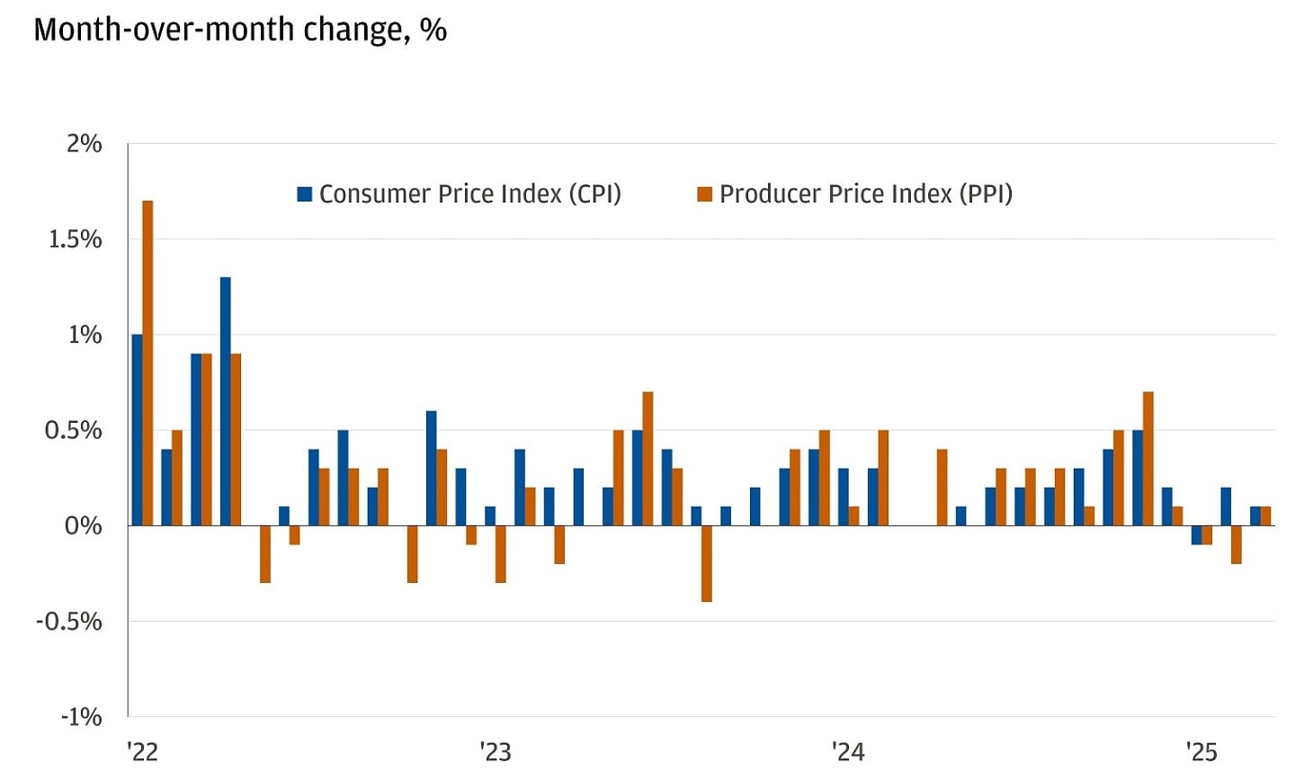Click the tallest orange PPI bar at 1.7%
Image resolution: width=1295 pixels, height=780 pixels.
(x=147, y=363)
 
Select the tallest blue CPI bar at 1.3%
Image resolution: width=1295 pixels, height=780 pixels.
(x=225, y=401)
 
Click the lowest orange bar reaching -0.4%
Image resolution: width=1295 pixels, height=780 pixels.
(x=707, y=563)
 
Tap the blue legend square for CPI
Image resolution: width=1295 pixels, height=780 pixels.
(x=305, y=193)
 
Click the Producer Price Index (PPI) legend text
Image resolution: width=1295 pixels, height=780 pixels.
(x=865, y=193)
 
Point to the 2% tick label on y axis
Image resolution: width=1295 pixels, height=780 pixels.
(x=84, y=144)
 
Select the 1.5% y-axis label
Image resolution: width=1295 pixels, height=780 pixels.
(x=75, y=239)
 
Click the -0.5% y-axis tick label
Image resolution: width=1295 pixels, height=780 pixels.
(x=68, y=621)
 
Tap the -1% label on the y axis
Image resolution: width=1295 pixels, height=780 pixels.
(x=81, y=717)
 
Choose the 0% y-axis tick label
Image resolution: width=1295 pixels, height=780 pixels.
(x=84, y=525)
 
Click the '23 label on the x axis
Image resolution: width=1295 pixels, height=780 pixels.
(x=495, y=751)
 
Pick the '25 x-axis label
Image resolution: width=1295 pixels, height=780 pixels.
(x=1201, y=751)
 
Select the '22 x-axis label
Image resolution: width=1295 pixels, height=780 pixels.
(x=142, y=751)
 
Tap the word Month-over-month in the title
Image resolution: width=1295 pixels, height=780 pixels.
(x=165, y=30)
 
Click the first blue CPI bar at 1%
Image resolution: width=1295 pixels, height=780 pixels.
(x=137, y=430)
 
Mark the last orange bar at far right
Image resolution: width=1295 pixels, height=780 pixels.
(x=1265, y=516)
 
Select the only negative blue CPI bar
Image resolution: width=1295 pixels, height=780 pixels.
(x=1196, y=534)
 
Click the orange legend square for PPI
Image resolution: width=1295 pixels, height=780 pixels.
(x=705, y=193)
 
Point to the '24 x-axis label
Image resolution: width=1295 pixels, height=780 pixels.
(x=847, y=751)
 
